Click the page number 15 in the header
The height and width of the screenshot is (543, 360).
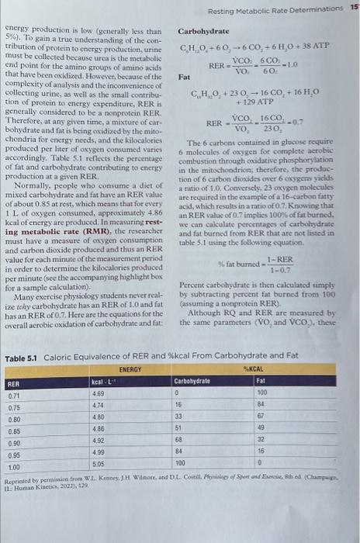click(354, 7)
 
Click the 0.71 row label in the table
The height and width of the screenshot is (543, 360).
click(14, 395)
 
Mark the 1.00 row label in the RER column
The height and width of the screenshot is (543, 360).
click(14, 467)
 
